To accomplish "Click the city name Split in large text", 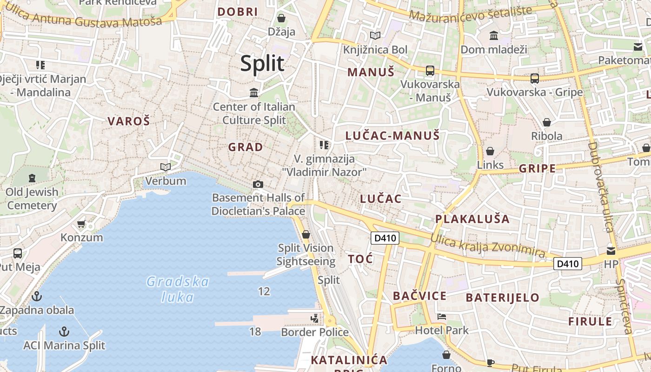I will click(262, 64).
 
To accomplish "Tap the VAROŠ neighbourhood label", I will click(129, 121).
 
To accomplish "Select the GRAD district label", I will click(246, 147).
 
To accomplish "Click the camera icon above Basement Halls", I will click(258, 185).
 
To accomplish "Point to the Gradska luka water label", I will click(178, 289).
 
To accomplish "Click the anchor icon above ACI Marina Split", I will click(65, 332).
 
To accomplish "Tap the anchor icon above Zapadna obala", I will click(36, 296).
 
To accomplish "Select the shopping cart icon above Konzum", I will click(81, 224).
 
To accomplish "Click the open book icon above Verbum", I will click(165, 167).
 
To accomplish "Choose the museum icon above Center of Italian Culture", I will click(254, 93).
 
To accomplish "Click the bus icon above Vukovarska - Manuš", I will click(430, 71).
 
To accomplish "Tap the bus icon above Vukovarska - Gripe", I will click(535, 79).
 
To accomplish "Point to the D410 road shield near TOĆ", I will click(385, 238).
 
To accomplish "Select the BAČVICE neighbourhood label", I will click(419, 296).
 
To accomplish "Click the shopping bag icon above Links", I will click(490, 151).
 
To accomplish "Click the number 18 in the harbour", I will click(255, 332).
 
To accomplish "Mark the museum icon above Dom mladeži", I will click(494, 35).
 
